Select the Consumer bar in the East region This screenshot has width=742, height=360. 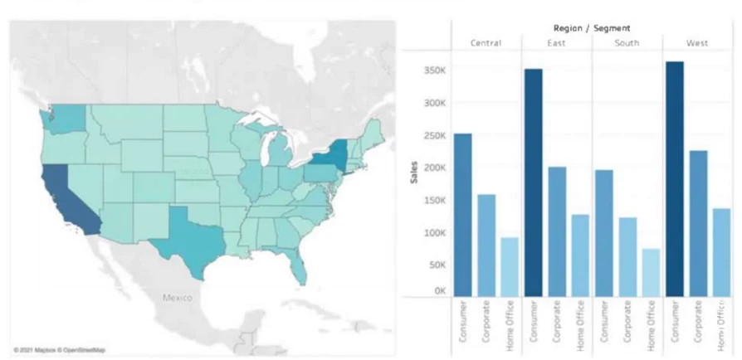533,182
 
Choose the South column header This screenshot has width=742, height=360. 627,43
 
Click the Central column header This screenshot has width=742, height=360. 486,43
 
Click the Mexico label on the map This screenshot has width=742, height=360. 177,296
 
